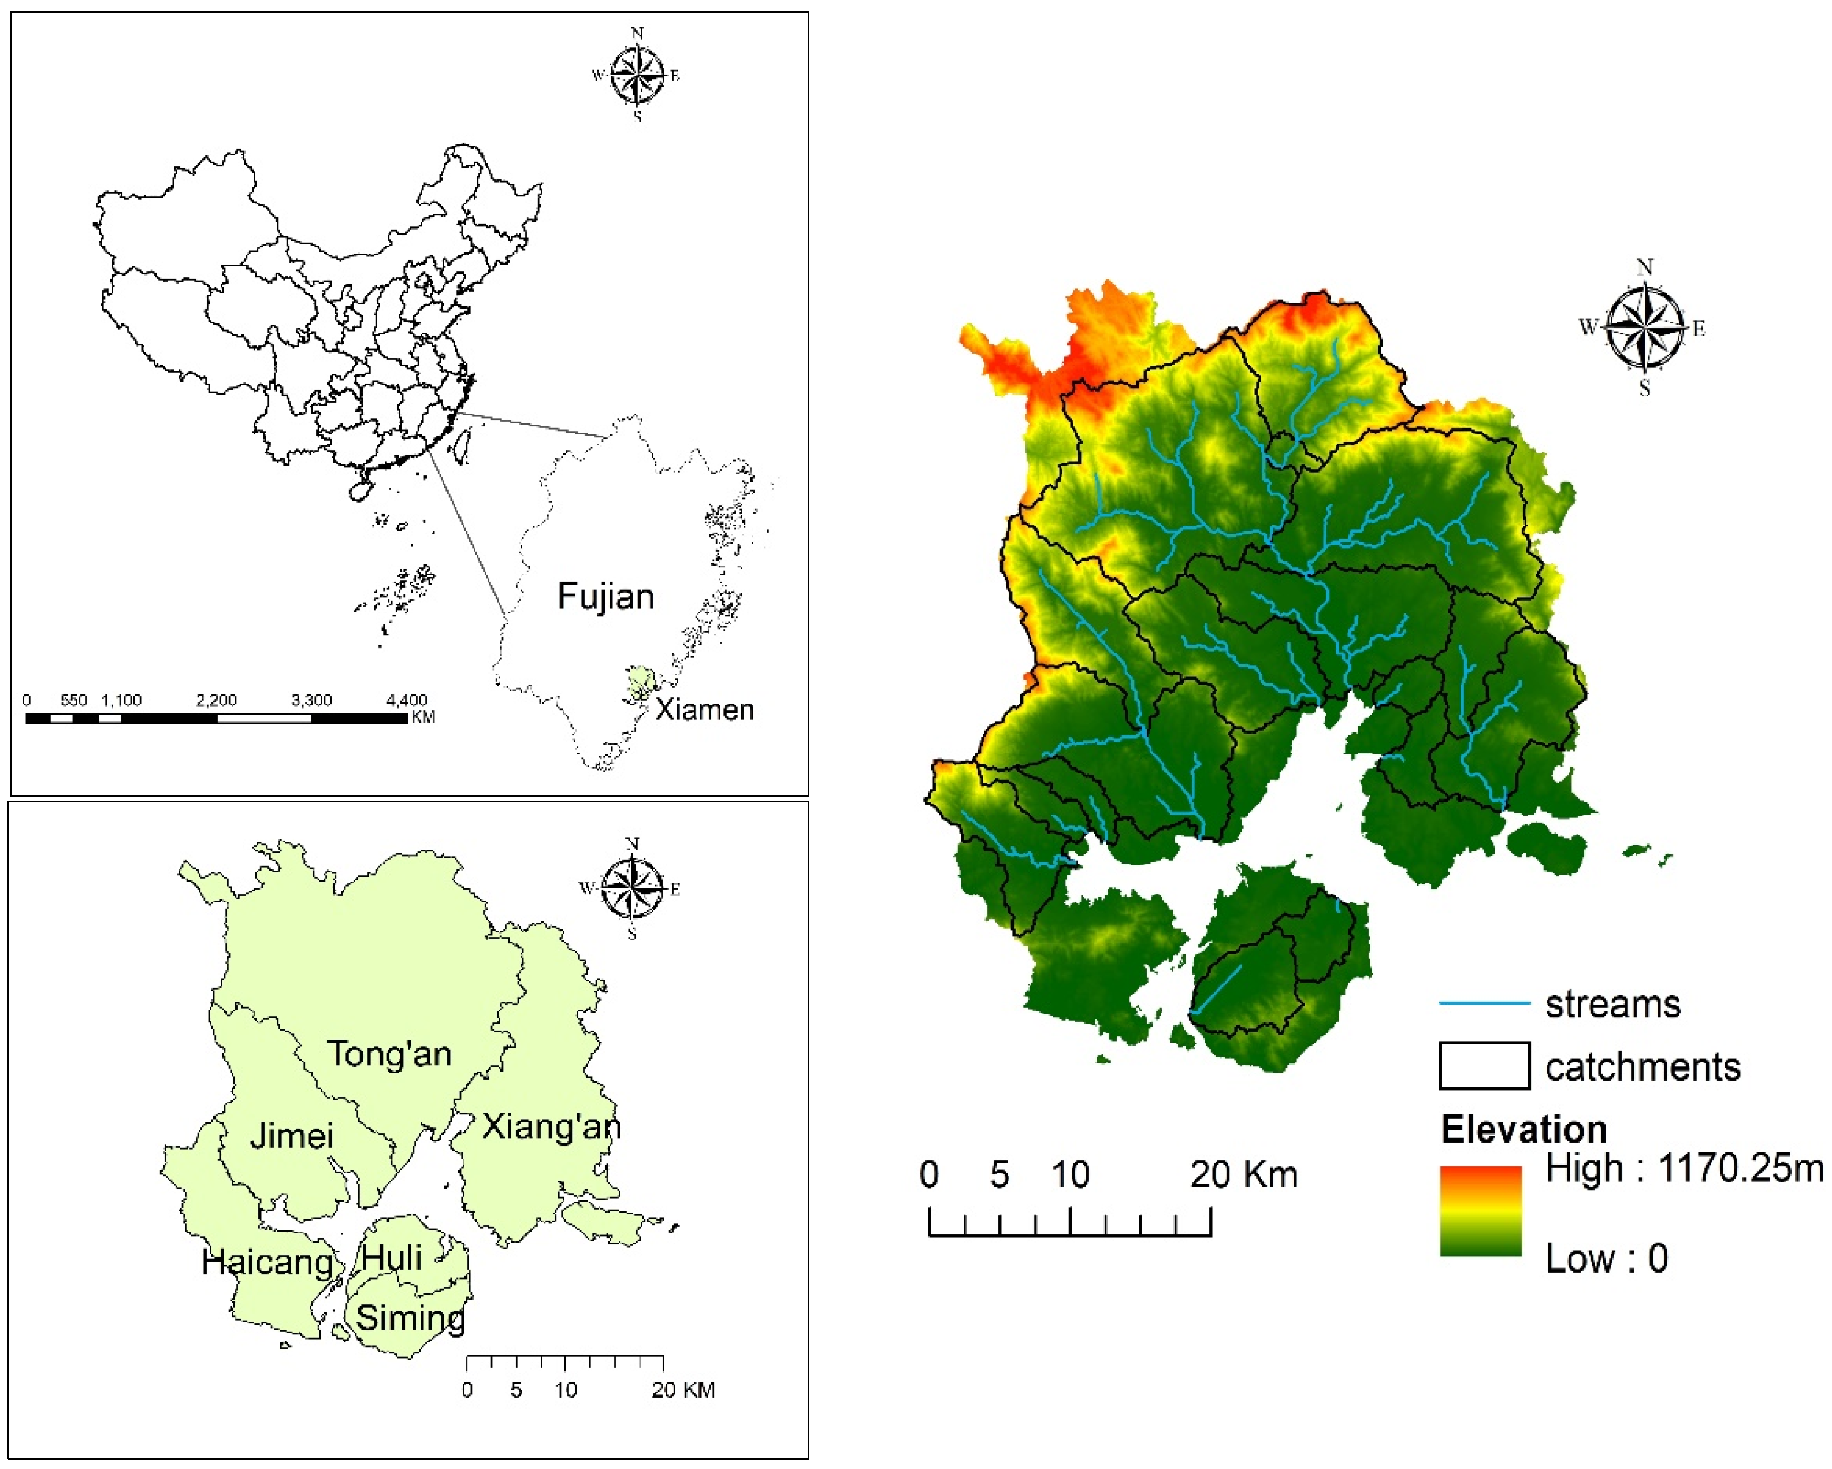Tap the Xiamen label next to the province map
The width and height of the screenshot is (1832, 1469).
[x=704, y=709]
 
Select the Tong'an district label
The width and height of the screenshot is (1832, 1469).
[x=389, y=1054]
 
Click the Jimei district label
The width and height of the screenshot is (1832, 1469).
[x=291, y=1136]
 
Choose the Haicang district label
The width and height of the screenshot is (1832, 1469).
[x=267, y=1263]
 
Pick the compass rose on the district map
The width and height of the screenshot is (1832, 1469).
[x=631, y=888]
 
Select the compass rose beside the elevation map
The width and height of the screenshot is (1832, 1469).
[x=1644, y=328]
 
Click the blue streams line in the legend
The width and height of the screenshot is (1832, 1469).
[x=1484, y=1003]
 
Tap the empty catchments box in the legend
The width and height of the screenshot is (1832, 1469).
[x=1484, y=1065]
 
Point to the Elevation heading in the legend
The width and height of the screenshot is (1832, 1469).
[x=1523, y=1129]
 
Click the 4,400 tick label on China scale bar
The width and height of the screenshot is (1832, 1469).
[x=406, y=700]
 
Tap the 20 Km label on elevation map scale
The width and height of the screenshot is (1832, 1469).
[x=1244, y=1175]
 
